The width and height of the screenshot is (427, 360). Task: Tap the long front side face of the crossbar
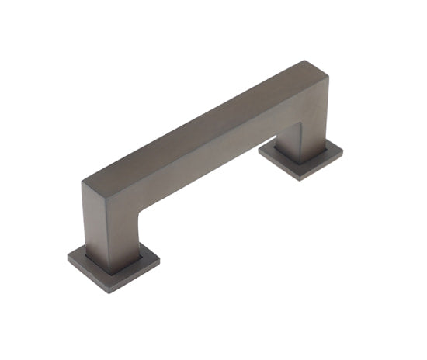(x=210, y=155)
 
